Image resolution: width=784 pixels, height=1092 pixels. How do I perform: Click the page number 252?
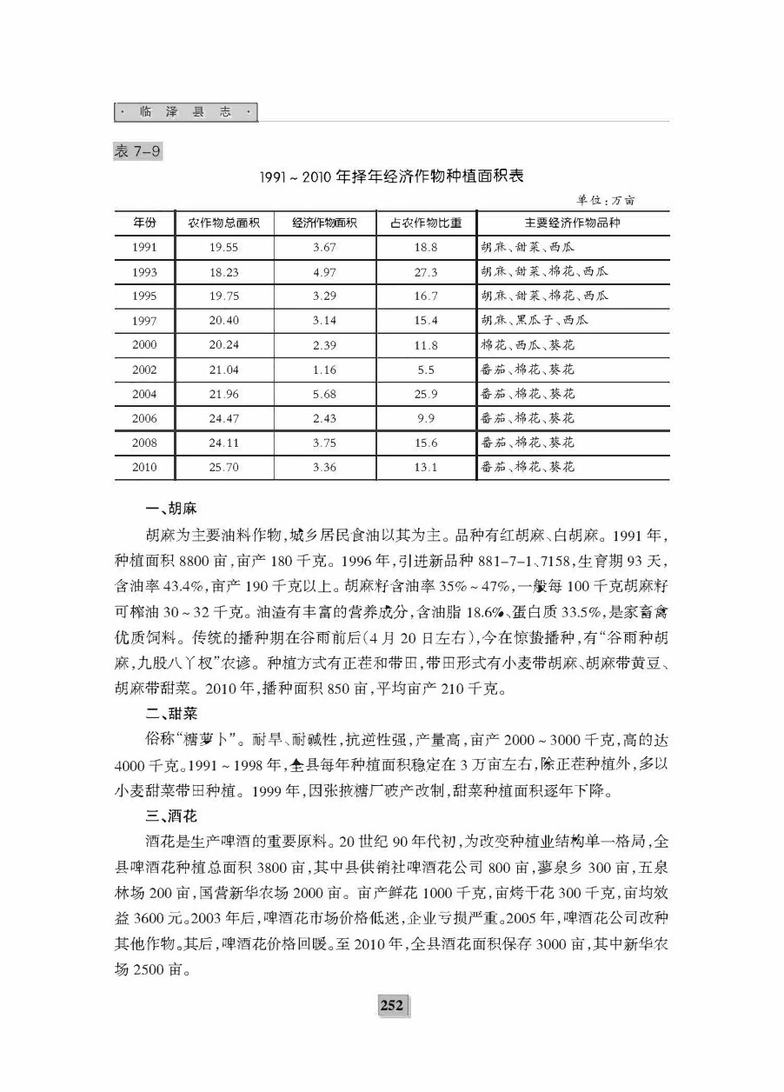coord(392,1006)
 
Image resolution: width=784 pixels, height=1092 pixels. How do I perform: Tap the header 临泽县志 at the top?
coord(186,113)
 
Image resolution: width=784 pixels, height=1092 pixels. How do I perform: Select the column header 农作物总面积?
coord(224,223)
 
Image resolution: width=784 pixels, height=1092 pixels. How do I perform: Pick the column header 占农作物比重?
coord(426,223)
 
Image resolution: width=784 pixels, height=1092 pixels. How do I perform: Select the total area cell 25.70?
coord(224,468)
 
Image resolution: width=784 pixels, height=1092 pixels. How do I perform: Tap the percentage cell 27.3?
coord(426,272)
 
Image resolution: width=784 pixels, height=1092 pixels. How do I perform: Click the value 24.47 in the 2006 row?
coord(224,418)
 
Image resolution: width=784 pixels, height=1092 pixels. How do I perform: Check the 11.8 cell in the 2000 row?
coord(426,345)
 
